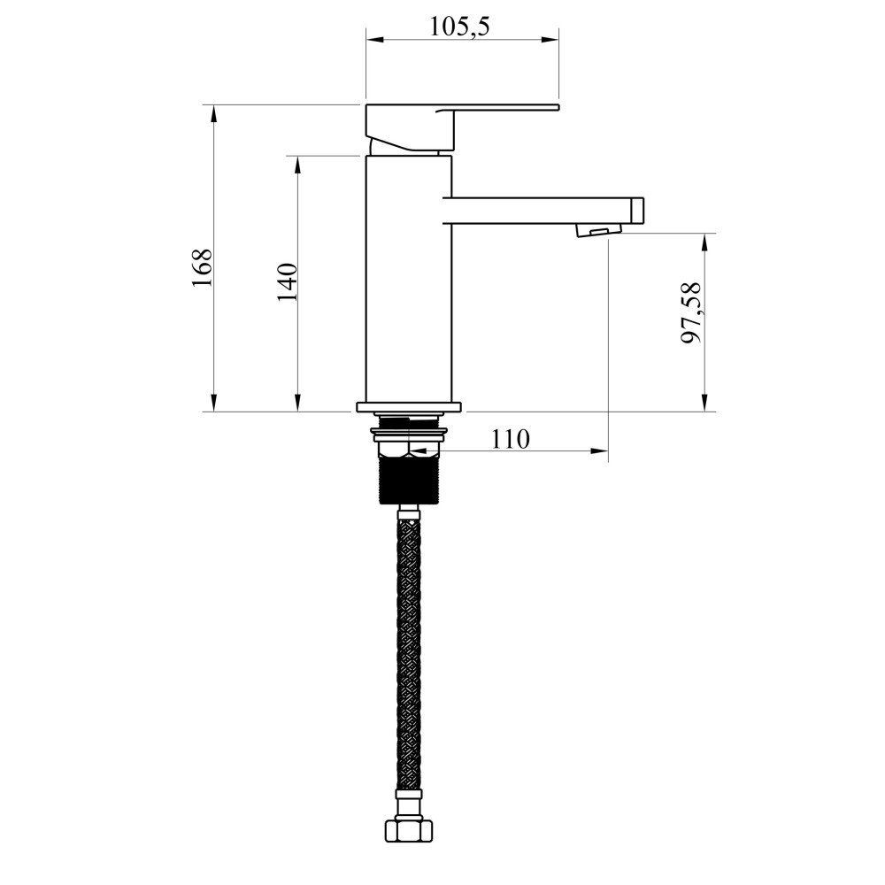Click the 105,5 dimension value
[x=459, y=26]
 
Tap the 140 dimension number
[x=287, y=282]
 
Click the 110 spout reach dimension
[x=511, y=438]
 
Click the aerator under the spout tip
[x=592, y=231]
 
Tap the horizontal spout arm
[x=544, y=210]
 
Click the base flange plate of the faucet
[x=408, y=407]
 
